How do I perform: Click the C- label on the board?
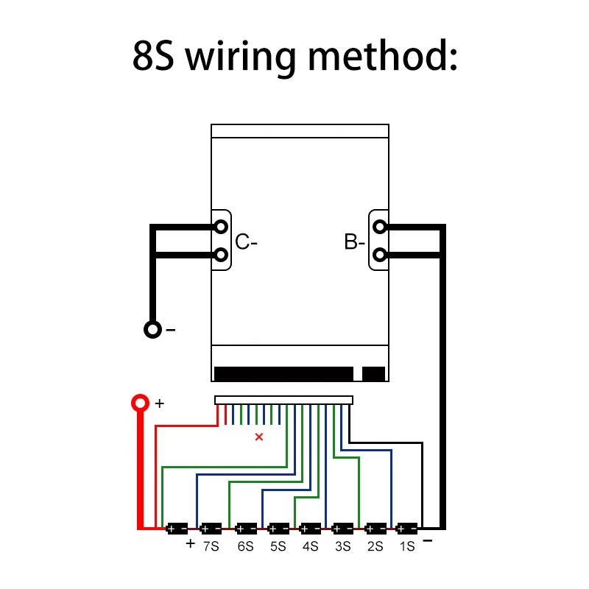click(x=246, y=241)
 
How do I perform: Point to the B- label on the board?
click(x=354, y=241)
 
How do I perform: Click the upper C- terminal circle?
click(x=221, y=226)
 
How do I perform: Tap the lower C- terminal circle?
click(x=221, y=255)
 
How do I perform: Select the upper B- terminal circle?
click(x=379, y=226)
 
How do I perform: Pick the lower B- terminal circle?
click(x=379, y=255)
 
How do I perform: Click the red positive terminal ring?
click(x=139, y=403)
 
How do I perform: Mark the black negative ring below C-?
click(x=152, y=329)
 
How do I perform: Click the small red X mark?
click(x=258, y=437)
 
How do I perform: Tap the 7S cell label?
click(x=212, y=546)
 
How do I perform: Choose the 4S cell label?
click(x=310, y=546)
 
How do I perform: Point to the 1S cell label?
click(x=406, y=546)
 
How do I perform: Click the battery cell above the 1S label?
click(x=407, y=528)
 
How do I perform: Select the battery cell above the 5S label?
click(x=278, y=528)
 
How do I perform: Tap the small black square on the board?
click(x=374, y=374)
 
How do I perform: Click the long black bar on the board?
click(x=283, y=374)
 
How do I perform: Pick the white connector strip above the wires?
click(x=283, y=401)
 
